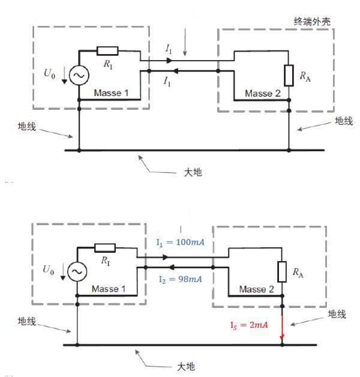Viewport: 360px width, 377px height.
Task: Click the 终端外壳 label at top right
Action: point(312,22)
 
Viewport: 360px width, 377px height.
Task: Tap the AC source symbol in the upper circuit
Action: point(79,75)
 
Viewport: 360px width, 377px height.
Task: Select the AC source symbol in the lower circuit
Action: point(77,271)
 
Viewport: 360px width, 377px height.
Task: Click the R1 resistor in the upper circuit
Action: point(107,51)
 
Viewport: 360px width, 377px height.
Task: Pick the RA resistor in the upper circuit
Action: point(289,76)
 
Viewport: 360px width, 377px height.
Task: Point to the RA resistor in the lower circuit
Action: point(282,272)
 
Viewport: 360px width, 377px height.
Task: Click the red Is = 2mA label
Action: point(249,325)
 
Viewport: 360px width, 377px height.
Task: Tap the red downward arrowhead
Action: point(282,337)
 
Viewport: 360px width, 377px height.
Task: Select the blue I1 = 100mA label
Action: point(180,242)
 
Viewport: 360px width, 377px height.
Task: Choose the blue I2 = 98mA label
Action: point(180,279)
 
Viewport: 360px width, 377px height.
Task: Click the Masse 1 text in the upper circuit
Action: point(111,93)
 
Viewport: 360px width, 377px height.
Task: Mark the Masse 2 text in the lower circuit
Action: point(256,289)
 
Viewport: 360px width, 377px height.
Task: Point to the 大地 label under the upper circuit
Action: point(193,172)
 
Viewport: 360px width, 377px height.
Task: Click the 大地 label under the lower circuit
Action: point(186,367)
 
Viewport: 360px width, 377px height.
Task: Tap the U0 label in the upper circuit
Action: point(50,73)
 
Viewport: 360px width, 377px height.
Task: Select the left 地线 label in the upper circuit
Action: point(26,126)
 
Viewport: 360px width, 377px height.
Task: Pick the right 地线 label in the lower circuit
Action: point(337,314)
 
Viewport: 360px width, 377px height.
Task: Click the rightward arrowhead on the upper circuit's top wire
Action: point(169,61)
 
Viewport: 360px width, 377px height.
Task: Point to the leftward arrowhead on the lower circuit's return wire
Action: point(172,267)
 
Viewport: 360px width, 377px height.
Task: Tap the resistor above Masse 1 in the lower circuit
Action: point(105,248)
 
